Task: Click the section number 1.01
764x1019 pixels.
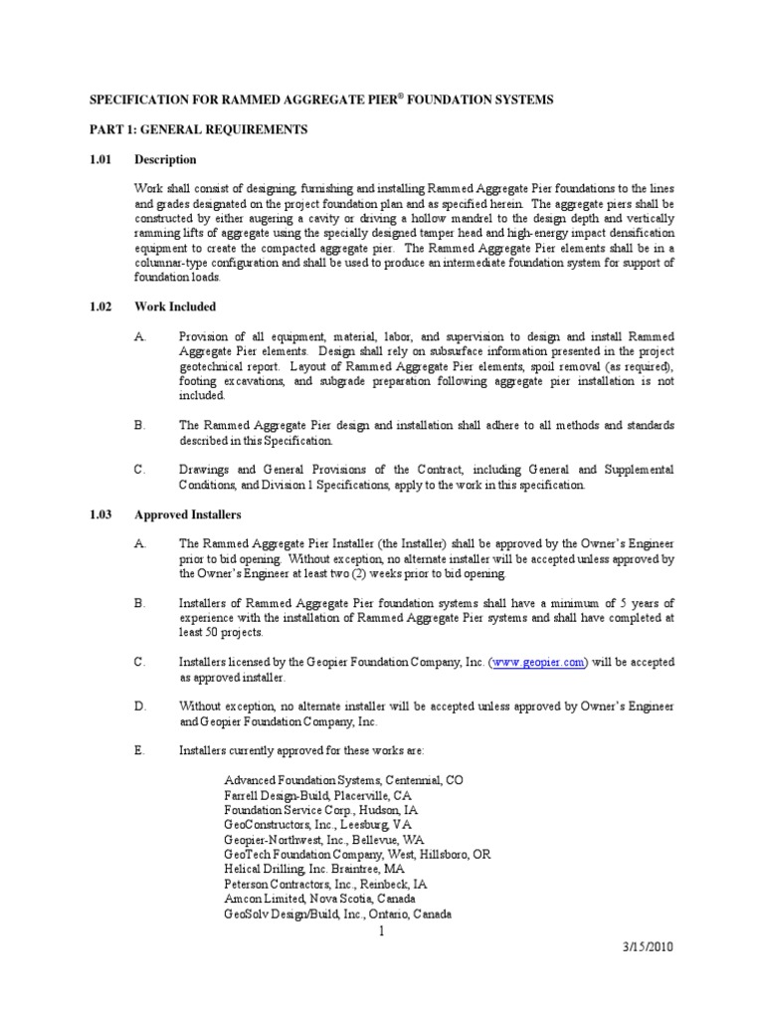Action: click(102, 159)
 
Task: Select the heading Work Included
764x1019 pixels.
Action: click(175, 306)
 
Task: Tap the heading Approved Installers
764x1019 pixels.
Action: click(188, 514)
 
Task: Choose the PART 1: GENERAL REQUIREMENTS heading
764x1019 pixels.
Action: click(199, 129)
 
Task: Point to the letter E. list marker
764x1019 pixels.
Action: click(140, 749)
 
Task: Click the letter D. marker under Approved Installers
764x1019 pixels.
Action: click(140, 706)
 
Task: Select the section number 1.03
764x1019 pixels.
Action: click(102, 514)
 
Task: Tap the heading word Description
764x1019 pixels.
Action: click(165, 159)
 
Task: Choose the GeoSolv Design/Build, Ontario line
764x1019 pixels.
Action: click(338, 914)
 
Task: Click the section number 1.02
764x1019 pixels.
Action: click(102, 306)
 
